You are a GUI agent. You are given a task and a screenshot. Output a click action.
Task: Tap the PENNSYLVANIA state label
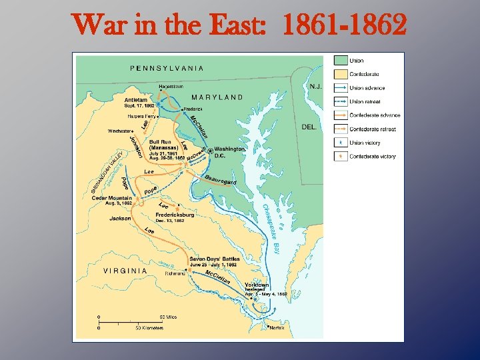pyautogui.click(x=167, y=67)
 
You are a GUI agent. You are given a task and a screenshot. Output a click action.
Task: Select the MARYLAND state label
pyautogui.click(x=217, y=97)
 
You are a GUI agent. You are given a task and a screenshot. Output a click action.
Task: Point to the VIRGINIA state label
pyautogui.click(x=125, y=271)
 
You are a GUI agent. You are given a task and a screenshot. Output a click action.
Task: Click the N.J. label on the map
pyautogui.click(x=316, y=86)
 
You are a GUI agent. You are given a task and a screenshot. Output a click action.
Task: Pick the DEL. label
pyautogui.click(x=309, y=126)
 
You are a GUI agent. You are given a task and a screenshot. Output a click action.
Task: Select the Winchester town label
pyautogui.click(x=119, y=131)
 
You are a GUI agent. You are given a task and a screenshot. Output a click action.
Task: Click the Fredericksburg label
pyautogui.click(x=175, y=215)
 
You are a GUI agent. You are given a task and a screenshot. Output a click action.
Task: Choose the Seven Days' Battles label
pyautogui.click(x=213, y=259)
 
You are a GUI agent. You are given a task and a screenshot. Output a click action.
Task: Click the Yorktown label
pyautogui.click(x=257, y=283)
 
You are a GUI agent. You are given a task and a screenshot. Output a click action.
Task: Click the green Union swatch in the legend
pyautogui.click(x=339, y=61)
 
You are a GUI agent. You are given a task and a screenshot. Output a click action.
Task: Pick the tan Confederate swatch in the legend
pyautogui.click(x=339, y=74)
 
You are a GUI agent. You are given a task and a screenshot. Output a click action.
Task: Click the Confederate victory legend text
pyautogui.click(x=372, y=157)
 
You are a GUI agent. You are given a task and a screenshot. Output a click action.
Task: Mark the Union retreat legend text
pyautogui.click(x=366, y=101)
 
